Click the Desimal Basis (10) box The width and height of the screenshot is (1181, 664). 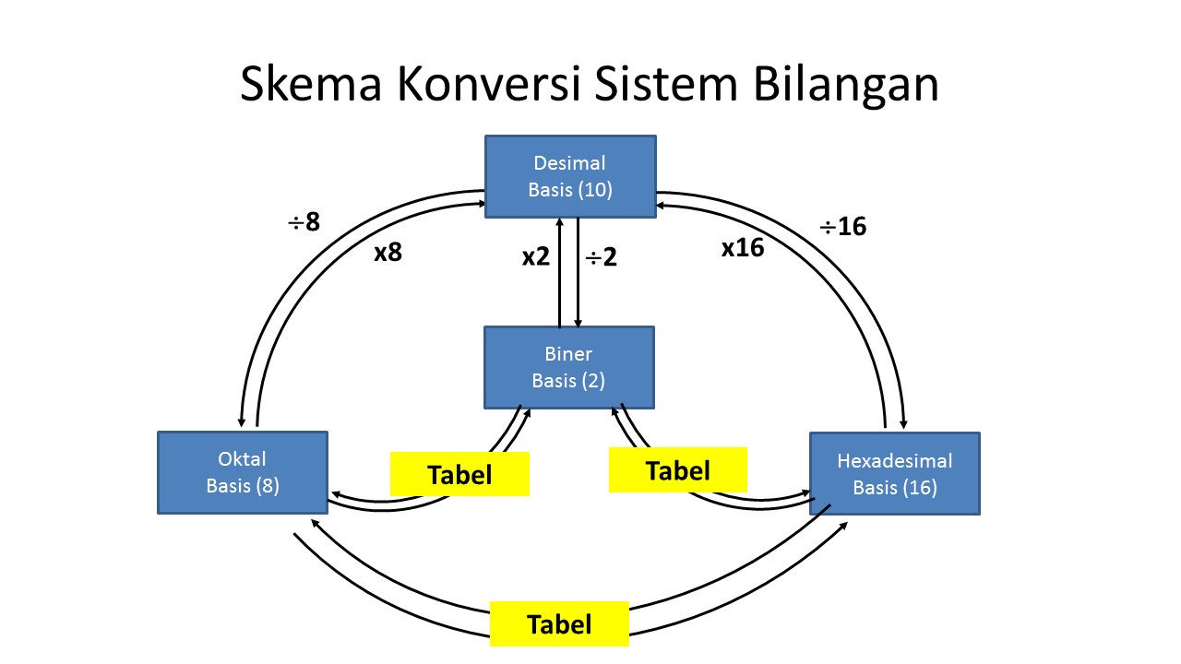(x=570, y=176)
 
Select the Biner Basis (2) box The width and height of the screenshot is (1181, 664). (x=569, y=367)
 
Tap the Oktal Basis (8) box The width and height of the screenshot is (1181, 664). (x=243, y=472)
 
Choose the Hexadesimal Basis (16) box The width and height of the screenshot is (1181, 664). (x=894, y=473)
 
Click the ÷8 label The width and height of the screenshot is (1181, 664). (x=304, y=222)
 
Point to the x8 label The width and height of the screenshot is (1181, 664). (x=388, y=253)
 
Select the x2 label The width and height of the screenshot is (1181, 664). (x=535, y=256)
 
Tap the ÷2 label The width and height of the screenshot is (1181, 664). (x=601, y=256)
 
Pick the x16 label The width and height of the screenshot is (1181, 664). (x=743, y=247)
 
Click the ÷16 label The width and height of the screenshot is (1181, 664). (x=843, y=226)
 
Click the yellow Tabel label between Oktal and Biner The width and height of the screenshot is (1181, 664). (x=459, y=474)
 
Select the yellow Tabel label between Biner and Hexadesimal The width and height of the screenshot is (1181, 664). (x=677, y=470)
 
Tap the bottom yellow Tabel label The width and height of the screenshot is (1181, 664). (x=559, y=624)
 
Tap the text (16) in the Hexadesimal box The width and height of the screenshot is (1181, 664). (x=920, y=488)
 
